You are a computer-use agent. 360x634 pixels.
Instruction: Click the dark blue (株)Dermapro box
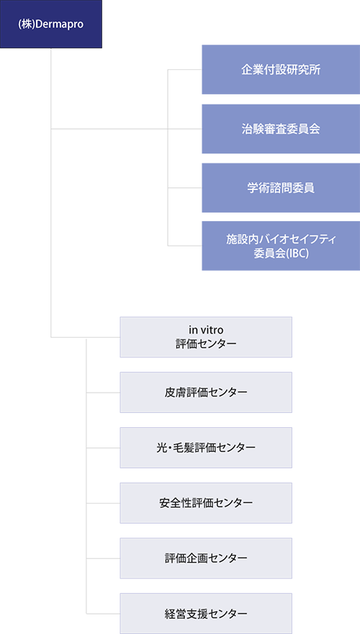click(51, 24)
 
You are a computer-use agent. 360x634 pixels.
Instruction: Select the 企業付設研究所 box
click(281, 70)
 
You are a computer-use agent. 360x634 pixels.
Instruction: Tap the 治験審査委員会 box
click(281, 129)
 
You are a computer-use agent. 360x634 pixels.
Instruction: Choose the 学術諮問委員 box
click(281, 188)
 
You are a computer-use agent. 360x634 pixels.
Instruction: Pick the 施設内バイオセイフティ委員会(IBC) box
click(281, 246)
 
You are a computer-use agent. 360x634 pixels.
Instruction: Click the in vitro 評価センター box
click(206, 337)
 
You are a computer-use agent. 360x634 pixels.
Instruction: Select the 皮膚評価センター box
click(206, 392)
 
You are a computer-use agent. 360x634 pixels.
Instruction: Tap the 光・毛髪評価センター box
click(206, 447)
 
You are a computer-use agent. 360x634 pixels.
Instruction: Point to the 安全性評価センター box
click(206, 503)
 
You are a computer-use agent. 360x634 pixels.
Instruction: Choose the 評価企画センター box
click(206, 558)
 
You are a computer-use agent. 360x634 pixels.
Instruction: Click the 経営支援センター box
click(206, 613)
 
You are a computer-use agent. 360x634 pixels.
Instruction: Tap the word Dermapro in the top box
click(59, 24)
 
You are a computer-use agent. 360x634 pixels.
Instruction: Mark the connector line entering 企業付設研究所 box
click(184, 70)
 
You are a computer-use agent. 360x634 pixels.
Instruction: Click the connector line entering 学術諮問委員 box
click(184, 188)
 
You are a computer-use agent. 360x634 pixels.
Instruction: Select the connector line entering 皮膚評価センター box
click(103, 392)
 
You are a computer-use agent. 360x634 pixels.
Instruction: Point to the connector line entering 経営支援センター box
click(103, 613)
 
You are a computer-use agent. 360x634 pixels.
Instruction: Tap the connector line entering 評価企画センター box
click(103, 558)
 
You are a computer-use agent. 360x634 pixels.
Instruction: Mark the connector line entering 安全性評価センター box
click(103, 503)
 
